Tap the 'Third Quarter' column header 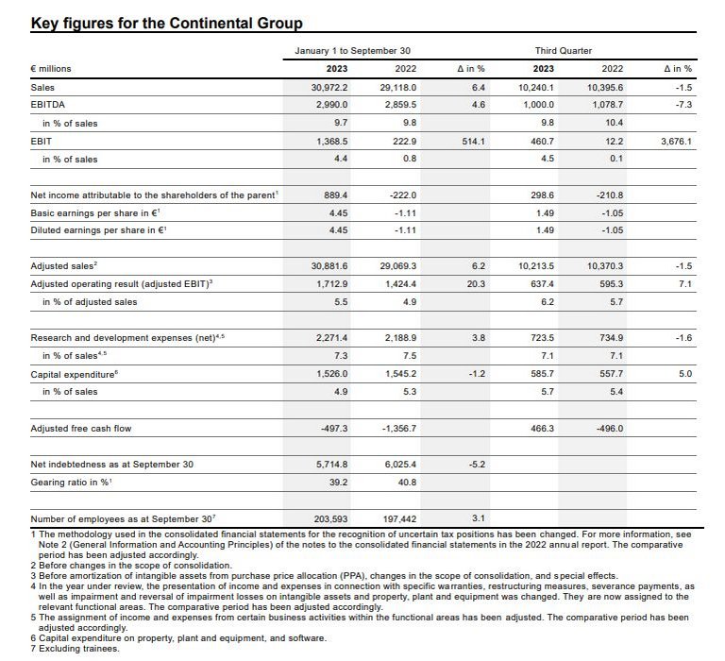coord(565,50)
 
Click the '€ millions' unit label coord(51,68)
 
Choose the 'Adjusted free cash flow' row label coord(82,429)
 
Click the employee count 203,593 coord(330,518)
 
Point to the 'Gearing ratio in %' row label coord(72,483)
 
